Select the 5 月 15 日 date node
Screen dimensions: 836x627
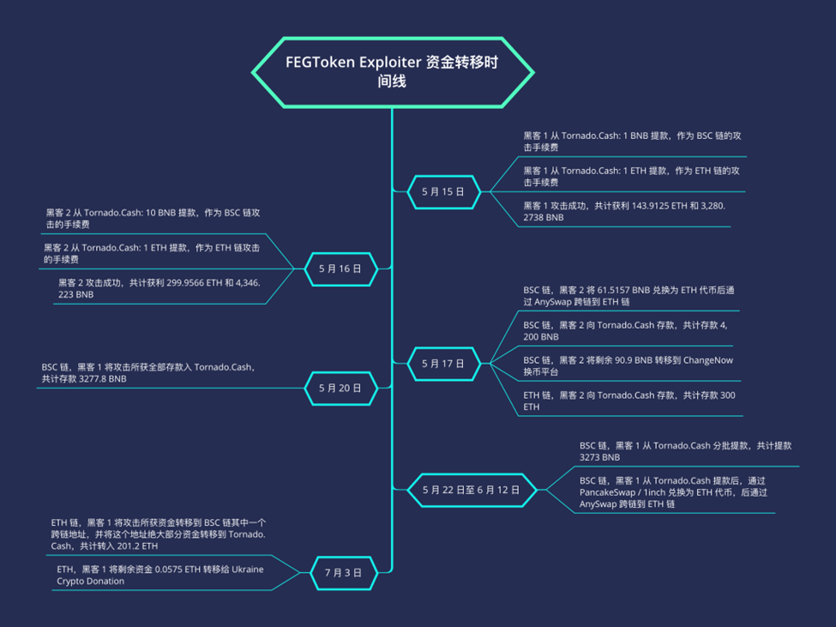tap(442, 192)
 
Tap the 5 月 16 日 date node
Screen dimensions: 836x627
tap(340, 268)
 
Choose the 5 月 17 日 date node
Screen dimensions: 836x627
tap(442, 364)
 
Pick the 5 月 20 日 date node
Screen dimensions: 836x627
tap(340, 388)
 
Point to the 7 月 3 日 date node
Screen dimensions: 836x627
tap(342, 572)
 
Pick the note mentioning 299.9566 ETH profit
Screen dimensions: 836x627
tap(159, 287)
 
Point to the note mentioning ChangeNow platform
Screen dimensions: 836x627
tap(628, 366)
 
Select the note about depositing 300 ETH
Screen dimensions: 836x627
tap(628, 401)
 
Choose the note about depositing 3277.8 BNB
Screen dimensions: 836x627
tap(147, 372)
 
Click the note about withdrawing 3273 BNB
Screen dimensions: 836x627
tap(684, 451)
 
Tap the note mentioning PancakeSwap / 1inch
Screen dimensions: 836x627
tap(672, 492)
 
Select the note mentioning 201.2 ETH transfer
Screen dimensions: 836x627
tap(158, 534)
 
